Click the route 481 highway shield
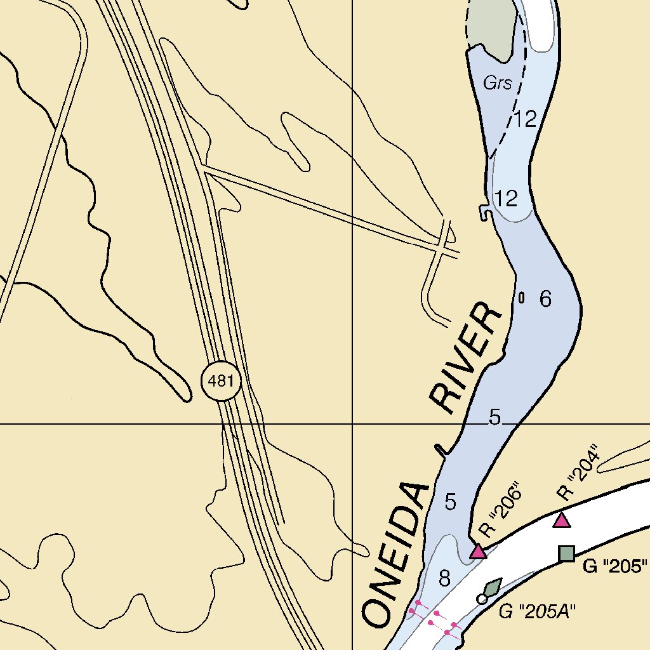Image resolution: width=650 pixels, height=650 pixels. click(221, 381)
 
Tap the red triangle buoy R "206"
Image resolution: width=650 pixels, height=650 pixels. click(478, 552)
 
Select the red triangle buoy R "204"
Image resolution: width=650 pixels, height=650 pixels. click(561, 521)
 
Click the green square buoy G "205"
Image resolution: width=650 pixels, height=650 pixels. click(566, 554)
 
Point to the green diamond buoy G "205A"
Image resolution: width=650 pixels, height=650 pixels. click(493, 587)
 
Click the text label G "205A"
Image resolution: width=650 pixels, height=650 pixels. click(536, 611)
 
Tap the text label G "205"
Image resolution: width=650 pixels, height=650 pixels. click(615, 566)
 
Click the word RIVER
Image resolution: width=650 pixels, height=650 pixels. click(466, 359)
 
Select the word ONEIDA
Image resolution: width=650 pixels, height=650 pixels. click(395, 553)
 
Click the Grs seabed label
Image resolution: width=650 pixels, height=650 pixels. click(497, 83)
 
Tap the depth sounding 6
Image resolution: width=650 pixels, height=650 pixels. click(545, 299)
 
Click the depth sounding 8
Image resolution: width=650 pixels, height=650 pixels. click(444, 578)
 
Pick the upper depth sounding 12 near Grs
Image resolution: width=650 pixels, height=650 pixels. click(526, 119)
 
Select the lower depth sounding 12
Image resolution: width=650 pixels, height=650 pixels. click(507, 199)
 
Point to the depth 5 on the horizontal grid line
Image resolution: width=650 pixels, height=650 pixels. click(495, 417)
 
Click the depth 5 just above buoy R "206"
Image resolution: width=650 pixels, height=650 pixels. click(451, 502)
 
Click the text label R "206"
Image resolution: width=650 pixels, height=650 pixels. click(501, 510)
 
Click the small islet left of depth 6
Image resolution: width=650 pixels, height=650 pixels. click(522, 297)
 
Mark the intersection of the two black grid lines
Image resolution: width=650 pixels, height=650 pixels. click(352, 423)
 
